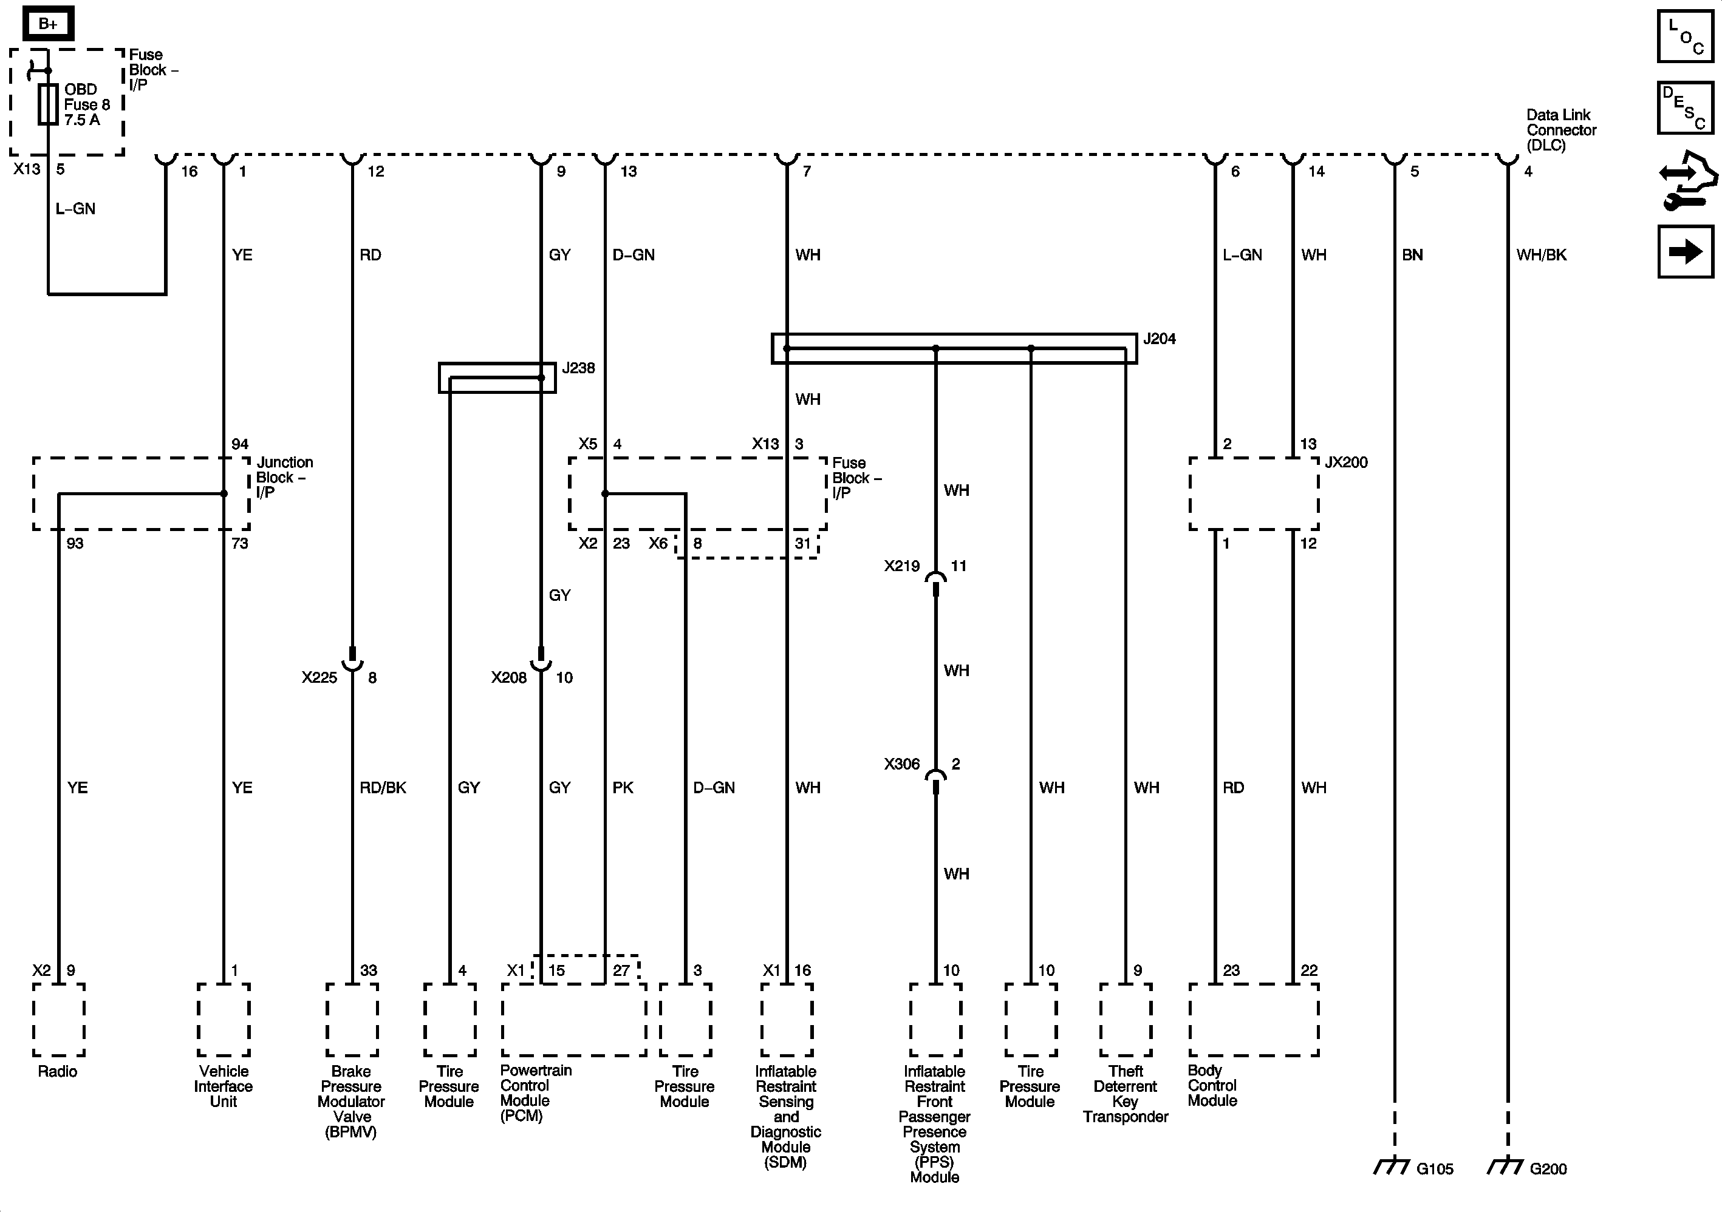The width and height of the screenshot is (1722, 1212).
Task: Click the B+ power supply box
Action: pos(47,24)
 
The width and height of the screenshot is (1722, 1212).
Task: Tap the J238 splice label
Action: pos(578,368)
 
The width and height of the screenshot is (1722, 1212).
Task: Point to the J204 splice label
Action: pos(1159,339)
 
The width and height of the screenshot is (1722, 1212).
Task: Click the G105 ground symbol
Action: pos(1393,1167)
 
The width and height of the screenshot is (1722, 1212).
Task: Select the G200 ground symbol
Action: pos(1506,1167)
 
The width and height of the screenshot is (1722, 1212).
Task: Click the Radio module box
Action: pos(58,1020)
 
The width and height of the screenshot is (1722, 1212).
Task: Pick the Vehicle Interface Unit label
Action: pos(224,1086)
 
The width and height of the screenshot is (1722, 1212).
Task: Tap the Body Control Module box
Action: pos(1254,1020)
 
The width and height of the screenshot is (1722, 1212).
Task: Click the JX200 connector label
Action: pos(1345,462)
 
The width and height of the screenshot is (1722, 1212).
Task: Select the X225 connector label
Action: pos(319,677)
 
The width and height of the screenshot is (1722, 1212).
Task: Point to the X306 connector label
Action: pos(901,763)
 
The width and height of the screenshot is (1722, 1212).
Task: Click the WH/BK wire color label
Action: pos(1541,255)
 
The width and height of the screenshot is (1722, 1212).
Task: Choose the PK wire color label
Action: pos(623,788)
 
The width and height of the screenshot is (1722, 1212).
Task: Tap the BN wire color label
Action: pos(1412,255)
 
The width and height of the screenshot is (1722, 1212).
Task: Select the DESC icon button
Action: pos(1685,108)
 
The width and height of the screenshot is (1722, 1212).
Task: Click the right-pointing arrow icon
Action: pos(1685,251)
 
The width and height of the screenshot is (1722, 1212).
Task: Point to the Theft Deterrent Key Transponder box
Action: pos(1126,1020)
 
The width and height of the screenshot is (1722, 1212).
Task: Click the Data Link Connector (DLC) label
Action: pos(1561,130)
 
